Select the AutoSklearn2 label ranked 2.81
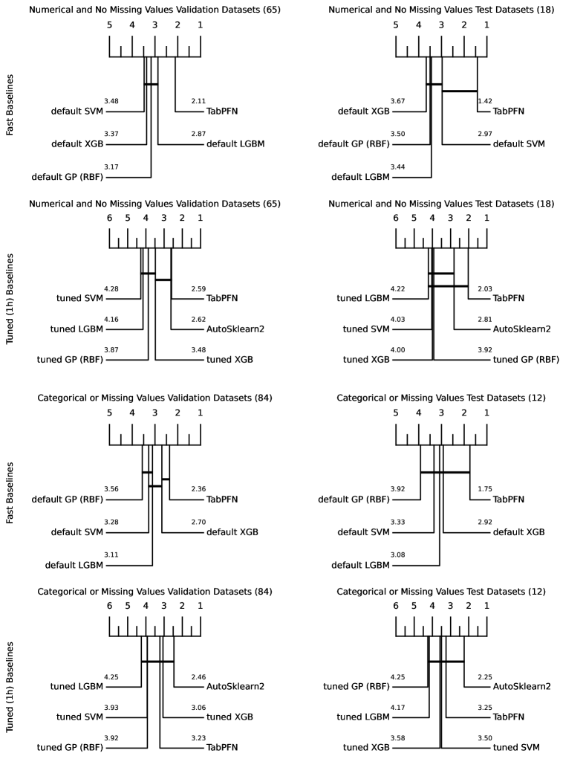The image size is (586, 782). tap(522, 329)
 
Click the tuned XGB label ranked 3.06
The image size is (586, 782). tap(229, 717)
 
